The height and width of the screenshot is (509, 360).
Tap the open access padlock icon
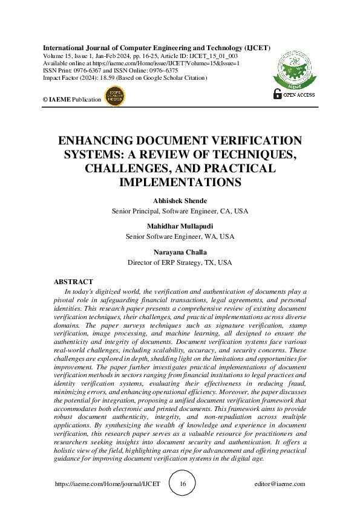(x=278, y=93)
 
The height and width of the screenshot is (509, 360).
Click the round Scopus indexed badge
(x=113, y=96)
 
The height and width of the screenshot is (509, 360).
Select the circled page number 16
(x=183, y=484)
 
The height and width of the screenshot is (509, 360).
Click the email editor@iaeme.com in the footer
(x=280, y=484)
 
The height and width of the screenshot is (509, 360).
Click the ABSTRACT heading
(x=73, y=282)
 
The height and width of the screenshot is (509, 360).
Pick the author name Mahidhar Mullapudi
(x=180, y=227)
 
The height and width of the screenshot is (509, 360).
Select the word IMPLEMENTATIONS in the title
(x=180, y=182)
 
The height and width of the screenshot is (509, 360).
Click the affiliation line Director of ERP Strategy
(x=180, y=263)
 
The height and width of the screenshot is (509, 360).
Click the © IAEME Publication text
(x=71, y=99)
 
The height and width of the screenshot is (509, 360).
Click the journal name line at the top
(x=156, y=48)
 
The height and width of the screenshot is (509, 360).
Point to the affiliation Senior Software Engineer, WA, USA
(x=180, y=236)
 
